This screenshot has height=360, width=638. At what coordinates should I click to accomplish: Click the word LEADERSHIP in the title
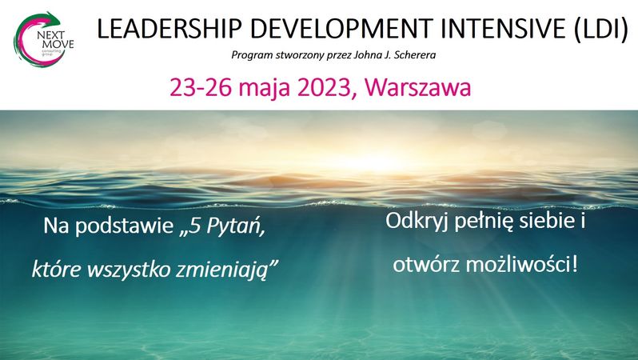tap(169, 29)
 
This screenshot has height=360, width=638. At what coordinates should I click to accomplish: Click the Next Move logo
tap(43, 39)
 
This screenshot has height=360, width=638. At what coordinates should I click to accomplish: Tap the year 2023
tap(325, 87)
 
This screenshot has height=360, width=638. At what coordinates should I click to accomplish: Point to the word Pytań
tap(235, 226)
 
